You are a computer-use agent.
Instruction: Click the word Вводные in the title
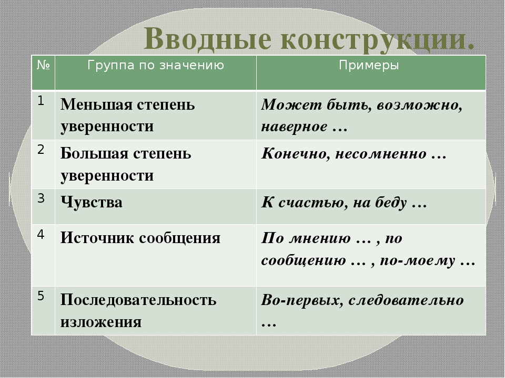click(x=207, y=38)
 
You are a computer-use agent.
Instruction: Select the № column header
click(x=43, y=65)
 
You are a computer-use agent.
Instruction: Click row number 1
click(x=41, y=101)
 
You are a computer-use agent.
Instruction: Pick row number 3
click(x=41, y=198)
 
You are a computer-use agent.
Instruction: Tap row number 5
click(x=41, y=296)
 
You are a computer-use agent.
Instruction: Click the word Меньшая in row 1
click(x=95, y=104)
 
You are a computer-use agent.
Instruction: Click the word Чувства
click(x=92, y=203)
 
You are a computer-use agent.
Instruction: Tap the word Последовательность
click(x=138, y=300)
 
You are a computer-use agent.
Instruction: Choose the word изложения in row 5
click(x=101, y=322)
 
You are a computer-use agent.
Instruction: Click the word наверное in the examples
click(x=294, y=127)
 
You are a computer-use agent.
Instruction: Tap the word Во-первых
click(x=300, y=300)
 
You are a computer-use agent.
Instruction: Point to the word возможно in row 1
click(x=419, y=106)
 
